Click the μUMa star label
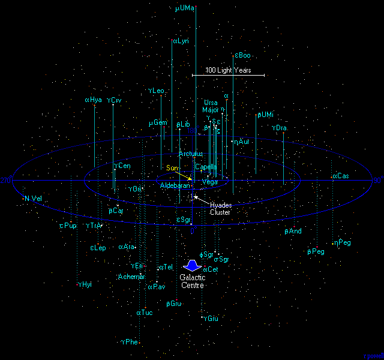(x=184, y=9)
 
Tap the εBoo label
(x=242, y=56)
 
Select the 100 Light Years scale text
(x=227, y=70)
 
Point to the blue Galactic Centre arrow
(x=193, y=265)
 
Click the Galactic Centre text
(x=193, y=281)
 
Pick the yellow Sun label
(x=173, y=168)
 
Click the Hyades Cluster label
(x=220, y=208)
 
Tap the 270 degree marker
(x=6, y=180)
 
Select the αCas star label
(x=340, y=176)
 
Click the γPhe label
(x=130, y=342)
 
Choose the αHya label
(x=94, y=100)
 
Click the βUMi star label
(x=265, y=115)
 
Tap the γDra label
(x=280, y=128)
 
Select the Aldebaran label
(x=175, y=186)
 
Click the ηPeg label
(x=344, y=242)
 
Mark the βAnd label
(x=293, y=231)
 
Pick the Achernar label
(x=131, y=277)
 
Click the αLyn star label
(x=181, y=41)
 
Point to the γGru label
(x=210, y=319)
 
